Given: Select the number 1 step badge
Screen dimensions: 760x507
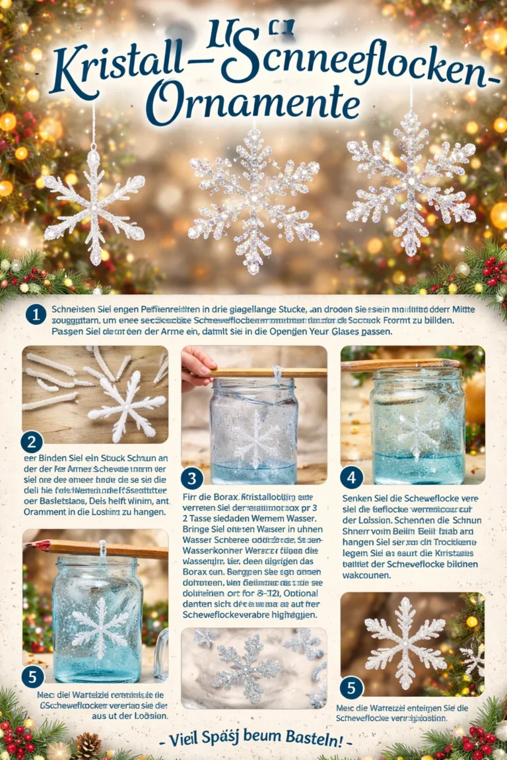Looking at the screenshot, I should click(36, 315).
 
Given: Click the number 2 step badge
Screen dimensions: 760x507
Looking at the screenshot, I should click(32, 442).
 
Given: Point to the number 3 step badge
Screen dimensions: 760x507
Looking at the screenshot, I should click(191, 478).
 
